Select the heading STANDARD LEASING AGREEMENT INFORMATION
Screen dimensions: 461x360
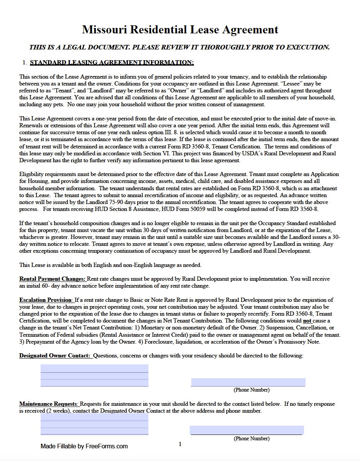coord(112,63)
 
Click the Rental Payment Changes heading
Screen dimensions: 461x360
coord(53,279)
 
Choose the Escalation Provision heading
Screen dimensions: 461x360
coord(46,300)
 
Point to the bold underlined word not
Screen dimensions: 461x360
coord(307,321)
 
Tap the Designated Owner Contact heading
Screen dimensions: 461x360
coord(55,356)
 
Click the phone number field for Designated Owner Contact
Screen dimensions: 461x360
coord(248,382)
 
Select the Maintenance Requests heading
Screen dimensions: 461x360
coord(49,404)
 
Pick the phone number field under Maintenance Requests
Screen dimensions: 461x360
coord(247,430)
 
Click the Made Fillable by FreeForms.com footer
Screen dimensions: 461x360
coord(84,446)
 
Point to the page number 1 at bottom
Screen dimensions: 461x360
coord(180,444)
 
